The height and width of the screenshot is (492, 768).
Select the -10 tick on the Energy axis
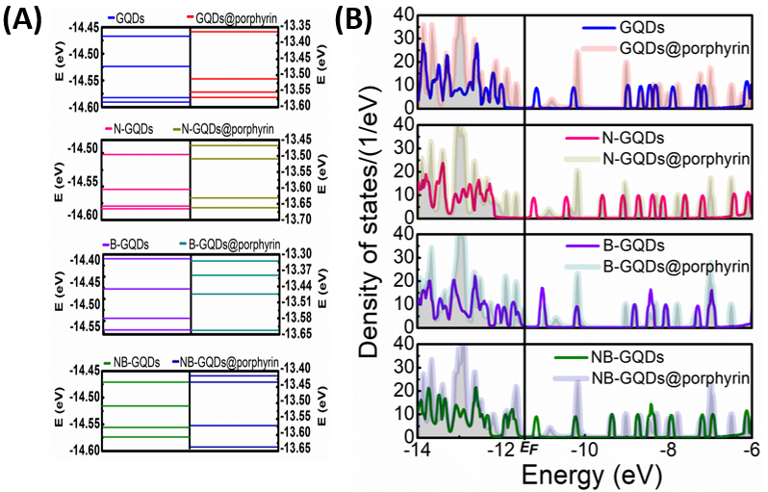click(584, 449)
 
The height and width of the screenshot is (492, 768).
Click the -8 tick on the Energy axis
click(668, 449)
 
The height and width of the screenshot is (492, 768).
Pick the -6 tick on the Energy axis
click(749, 449)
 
